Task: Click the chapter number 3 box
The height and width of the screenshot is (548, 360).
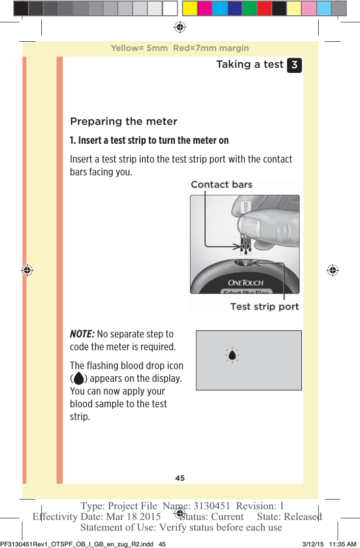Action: coord(294,65)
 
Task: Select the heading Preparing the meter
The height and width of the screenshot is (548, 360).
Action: coord(123,121)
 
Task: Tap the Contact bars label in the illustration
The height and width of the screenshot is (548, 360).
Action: coord(221,185)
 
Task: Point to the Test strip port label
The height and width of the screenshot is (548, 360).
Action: coord(264,306)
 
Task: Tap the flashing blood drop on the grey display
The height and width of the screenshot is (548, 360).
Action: coord(232,355)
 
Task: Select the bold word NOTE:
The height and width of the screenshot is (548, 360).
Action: coord(82,334)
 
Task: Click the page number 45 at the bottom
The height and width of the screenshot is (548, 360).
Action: coord(180,478)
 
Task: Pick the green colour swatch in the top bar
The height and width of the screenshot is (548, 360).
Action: coord(249,8)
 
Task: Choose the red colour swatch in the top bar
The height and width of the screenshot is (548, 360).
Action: coord(264,8)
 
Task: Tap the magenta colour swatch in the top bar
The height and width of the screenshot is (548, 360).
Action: coord(205,8)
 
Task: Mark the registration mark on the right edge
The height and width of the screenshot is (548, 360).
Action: coord(332,270)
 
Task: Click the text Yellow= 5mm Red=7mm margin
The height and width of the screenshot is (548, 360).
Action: coord(180,48)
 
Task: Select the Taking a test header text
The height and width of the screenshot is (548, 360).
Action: coord(249,65)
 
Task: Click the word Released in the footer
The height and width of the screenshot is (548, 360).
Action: coord(302,516)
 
